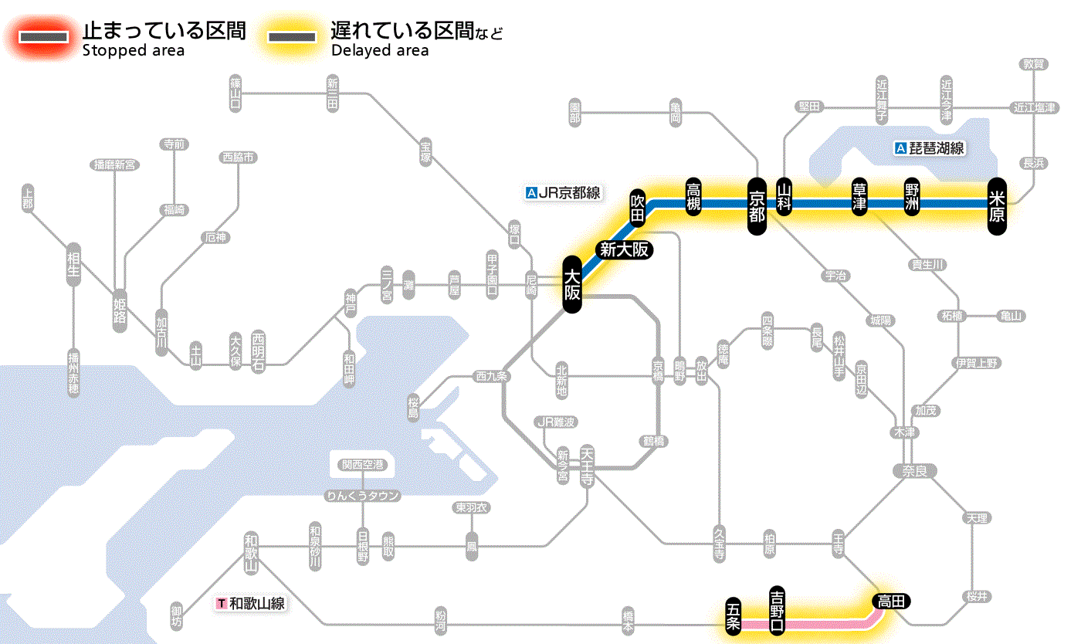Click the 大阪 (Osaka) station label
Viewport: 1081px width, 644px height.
click(571, 284)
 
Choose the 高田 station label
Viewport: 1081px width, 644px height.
click(892, 601)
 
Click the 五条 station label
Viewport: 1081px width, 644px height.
click(734, 615)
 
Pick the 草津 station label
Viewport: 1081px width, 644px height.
click(859, 198)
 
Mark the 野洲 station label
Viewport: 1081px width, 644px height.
click(913, 198)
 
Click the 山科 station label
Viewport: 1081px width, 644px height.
click(784, 197)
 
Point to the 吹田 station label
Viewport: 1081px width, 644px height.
click(637, 207)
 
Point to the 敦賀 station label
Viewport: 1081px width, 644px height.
click(1033, 64)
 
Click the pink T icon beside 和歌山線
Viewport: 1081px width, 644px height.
click(222, 603)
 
